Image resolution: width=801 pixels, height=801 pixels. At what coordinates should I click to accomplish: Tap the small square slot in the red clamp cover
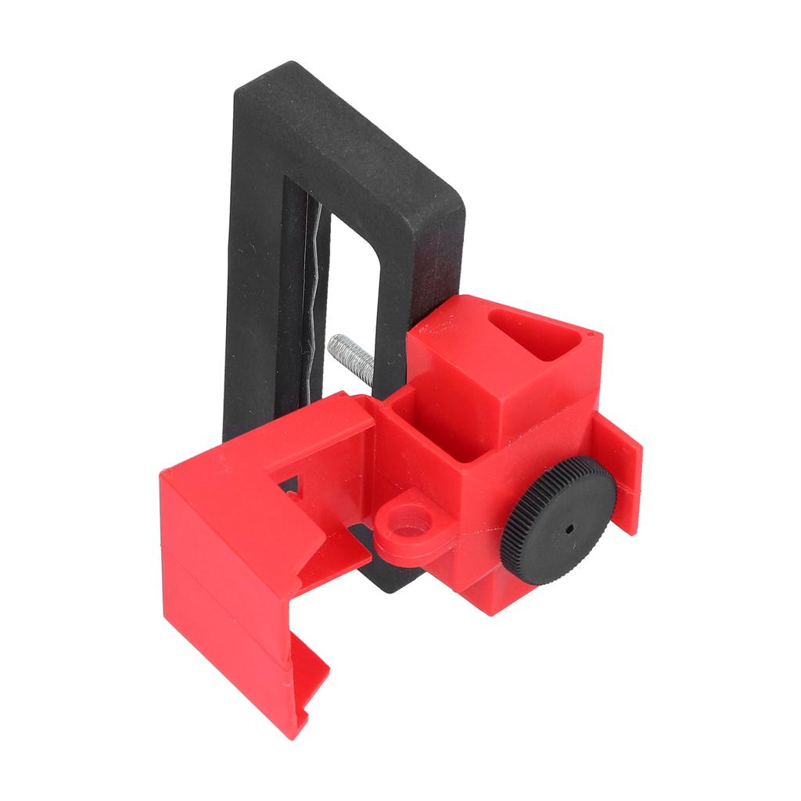click(289, 490)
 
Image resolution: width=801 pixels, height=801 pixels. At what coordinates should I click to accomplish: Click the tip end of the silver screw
click(333, 342)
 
